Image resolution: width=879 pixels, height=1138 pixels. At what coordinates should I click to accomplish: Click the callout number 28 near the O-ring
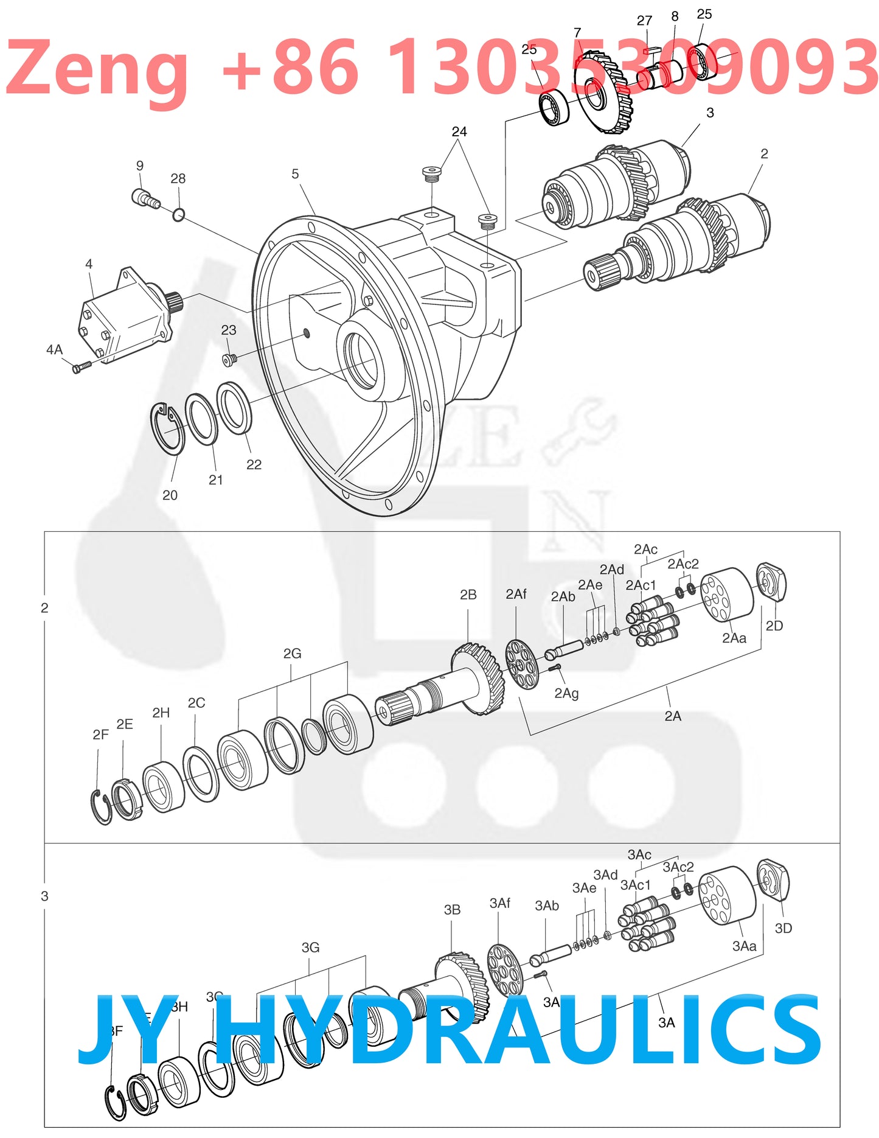(178, 178)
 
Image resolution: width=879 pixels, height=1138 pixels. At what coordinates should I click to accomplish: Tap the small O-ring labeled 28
(178, 215)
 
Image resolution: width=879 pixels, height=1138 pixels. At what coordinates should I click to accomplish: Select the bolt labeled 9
(144, 198)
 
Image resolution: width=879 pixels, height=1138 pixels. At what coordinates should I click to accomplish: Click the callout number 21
(215, 480)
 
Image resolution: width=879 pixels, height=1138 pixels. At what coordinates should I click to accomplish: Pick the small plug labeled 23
(229, 360)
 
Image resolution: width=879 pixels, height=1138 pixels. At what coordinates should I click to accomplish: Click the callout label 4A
(54, 349)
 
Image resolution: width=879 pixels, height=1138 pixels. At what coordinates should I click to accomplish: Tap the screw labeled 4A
(81, 367)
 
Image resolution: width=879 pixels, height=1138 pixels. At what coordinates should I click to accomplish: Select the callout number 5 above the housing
(295, 174)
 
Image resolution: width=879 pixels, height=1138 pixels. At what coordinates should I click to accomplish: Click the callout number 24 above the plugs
(459, 131)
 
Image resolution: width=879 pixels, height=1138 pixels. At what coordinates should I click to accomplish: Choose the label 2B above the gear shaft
(468, 595)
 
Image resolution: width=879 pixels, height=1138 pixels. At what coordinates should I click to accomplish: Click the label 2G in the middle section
(292, 654)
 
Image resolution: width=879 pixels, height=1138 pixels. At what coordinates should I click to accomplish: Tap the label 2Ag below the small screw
(566, 693)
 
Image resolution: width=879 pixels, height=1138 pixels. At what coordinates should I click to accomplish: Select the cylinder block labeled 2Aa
(726, 594)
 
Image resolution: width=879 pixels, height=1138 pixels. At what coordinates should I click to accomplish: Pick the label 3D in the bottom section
(783, 928)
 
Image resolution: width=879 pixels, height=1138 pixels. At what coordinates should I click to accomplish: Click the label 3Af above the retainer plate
(499, 903)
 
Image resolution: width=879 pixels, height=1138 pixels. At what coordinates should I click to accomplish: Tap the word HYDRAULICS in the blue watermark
(517, 1030)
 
